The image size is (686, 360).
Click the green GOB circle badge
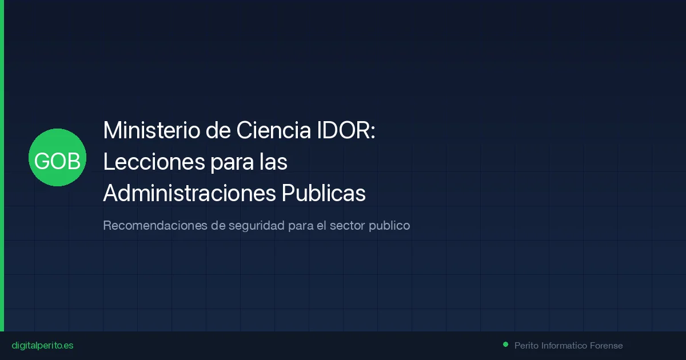[x=57, y=157]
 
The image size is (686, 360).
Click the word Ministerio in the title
[x=152, y=131]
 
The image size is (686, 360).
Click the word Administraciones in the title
[x=189, y=193]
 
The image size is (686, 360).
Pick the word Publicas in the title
[x=324, y=193]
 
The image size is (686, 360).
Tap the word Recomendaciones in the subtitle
[x=155, y=225]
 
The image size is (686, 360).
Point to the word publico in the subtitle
[x=389, y=225]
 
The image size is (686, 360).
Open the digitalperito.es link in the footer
[x=42, y=346]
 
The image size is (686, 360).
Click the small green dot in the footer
[x=505, y=344]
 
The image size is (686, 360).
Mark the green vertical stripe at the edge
[x=2, y=166]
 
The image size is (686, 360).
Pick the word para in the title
[x=232, y=162]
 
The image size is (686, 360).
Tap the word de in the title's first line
[x=218, y=131]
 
